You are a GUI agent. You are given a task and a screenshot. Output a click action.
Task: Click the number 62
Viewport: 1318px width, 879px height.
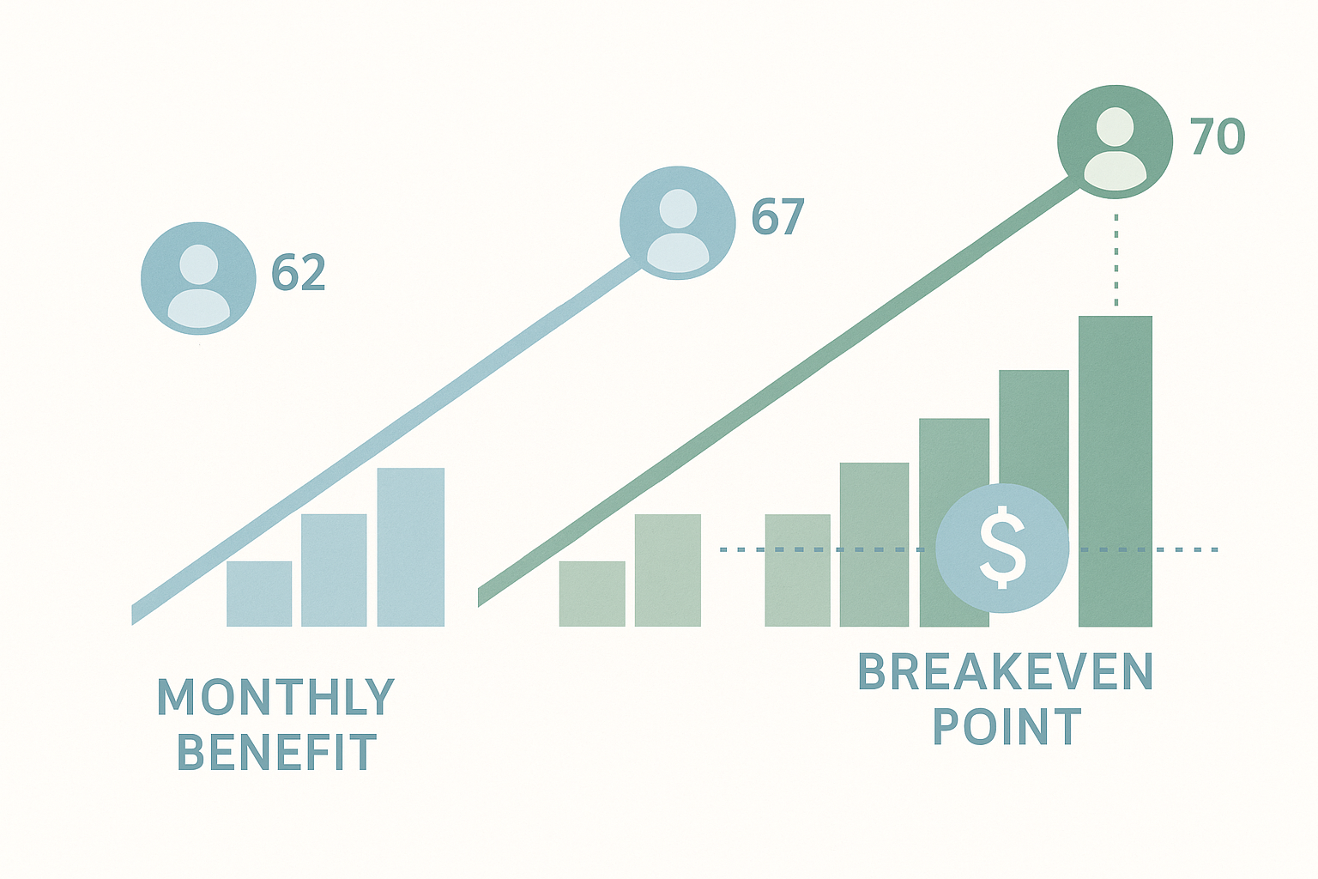(299, 273)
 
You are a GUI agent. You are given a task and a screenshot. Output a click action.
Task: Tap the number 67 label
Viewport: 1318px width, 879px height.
(777, 217)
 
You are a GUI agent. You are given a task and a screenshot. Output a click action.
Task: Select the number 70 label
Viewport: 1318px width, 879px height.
(1217, 137)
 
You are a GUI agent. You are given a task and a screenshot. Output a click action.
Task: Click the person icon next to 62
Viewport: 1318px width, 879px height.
(198, 278)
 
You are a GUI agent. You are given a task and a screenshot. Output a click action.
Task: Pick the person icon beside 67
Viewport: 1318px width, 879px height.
(678, 222)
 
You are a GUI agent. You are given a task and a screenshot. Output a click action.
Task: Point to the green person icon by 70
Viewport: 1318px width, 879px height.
(1115, 142)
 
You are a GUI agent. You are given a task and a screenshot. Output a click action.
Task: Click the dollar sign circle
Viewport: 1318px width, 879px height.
(1002, 548)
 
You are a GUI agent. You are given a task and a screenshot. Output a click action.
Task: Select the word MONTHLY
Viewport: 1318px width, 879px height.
(275, 697)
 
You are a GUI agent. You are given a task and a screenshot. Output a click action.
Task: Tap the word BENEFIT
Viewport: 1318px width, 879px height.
(276, 752)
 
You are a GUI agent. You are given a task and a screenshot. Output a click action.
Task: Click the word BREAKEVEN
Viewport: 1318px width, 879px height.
(1006, 672)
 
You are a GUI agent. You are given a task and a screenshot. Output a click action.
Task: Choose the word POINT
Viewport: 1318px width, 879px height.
(1007, 728)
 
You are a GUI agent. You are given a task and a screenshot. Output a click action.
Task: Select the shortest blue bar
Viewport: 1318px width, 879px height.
(259, 593)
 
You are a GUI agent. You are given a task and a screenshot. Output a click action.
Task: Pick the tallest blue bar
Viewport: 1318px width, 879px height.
(411, 547)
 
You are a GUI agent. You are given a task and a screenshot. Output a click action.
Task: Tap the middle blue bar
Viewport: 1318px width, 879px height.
(334, 570)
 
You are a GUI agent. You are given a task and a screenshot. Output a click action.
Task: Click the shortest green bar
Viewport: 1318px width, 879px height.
(592, 593)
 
